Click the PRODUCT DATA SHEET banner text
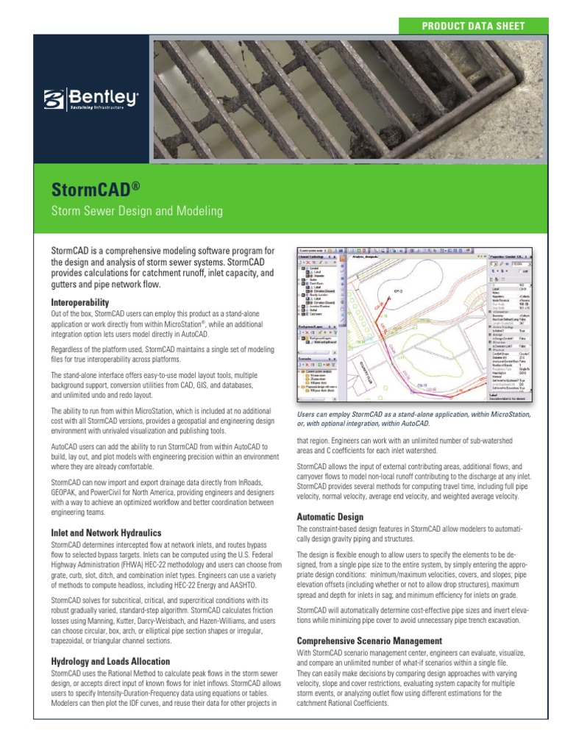(x=472, y=26)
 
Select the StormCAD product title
(x=90, y=190)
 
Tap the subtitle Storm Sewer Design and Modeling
(x=136, y=212)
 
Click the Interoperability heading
(x=80, y=302)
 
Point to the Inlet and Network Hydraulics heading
(x=106, y=532)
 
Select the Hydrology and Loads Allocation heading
(x=110, y=661)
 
